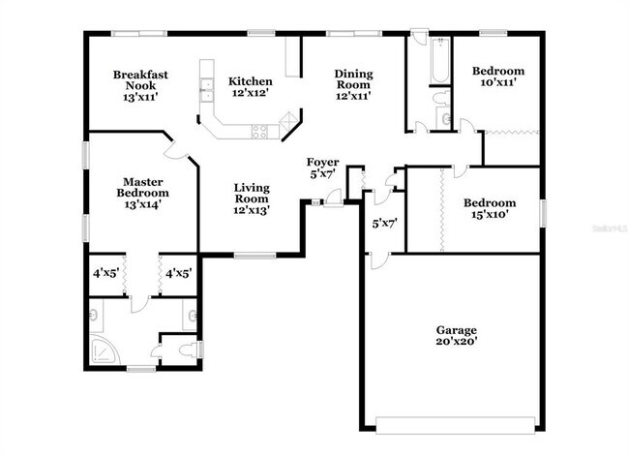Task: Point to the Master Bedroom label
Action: pos(141,193)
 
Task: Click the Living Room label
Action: pos(250,198)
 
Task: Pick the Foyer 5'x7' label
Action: pos(322,168)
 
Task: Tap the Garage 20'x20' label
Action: pos(456,335)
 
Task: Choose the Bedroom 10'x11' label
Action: pos(498,76)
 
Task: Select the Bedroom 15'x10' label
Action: pos(489,209)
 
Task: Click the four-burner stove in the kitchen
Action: pos(259,131)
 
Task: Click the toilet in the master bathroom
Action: pos(192,350)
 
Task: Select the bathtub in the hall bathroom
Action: pos(440,58)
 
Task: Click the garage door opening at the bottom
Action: pos(455,423)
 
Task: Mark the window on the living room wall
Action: pos(255,256)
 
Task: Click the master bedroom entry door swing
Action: pos(174,150)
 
